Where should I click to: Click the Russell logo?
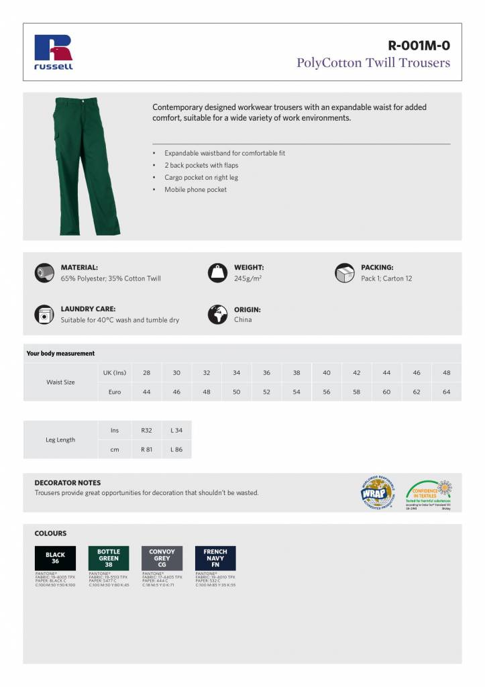54,52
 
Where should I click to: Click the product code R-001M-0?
419,46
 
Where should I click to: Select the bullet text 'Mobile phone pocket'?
195,190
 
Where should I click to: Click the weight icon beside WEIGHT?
217,272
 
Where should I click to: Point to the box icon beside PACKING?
344,272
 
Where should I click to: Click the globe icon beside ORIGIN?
217,315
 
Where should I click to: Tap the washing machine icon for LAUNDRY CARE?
44,314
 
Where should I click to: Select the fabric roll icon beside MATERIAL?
44,272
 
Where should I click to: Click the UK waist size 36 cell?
266,373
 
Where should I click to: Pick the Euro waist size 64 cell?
446,392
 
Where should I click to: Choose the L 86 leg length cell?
176,450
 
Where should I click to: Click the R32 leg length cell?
146,430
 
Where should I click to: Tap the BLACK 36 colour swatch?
55,558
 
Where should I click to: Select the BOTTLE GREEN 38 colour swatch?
108,558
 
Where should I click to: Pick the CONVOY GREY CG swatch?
162,558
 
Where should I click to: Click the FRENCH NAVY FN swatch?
215,558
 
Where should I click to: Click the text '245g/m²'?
248,278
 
